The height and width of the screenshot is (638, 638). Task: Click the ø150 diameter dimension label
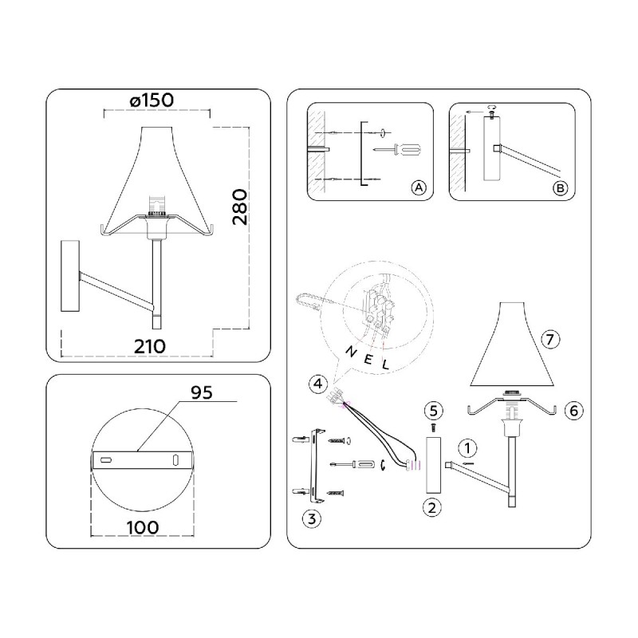coord(152,100)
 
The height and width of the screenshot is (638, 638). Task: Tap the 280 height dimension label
coord(240,207)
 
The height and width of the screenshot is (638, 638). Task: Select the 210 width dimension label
coord(150,347)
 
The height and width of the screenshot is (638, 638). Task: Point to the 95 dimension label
coord(202,392)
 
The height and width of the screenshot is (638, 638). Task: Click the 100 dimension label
coord(143,528)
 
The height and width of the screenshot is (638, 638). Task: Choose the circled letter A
coord(419,188)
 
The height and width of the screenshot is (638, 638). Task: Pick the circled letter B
coord(561,188)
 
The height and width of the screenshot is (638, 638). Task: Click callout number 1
coord(467,448)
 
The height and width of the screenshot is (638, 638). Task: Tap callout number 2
coord(432,508)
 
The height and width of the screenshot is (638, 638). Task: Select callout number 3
coord(312,519)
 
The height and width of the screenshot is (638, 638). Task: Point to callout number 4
coord(317,384)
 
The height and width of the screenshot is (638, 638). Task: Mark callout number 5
coord(433,411)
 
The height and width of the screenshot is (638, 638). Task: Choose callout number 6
coord(573,411)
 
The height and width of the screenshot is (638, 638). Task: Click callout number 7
coord(550,339)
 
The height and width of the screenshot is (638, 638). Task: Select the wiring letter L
coord(385,364)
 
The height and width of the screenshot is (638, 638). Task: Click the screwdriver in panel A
coord(397,150)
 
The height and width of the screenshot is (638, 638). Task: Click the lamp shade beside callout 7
coord(512,345)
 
